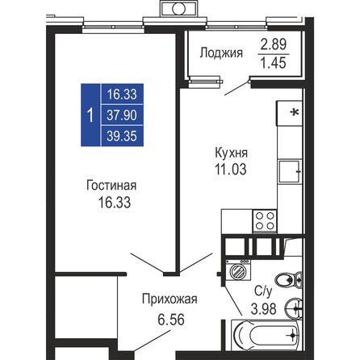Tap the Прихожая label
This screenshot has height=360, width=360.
coord(170,299)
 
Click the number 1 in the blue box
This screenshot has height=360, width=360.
coord(90,113)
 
